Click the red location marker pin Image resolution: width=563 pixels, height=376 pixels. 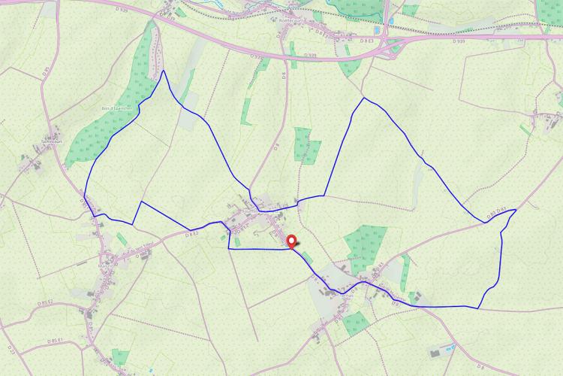pos(292,241)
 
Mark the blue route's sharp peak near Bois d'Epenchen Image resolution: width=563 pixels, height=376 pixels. pos(163,71)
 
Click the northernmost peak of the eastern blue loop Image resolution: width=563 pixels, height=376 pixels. pos(363,98)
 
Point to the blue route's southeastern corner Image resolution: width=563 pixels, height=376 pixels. pos(478,308)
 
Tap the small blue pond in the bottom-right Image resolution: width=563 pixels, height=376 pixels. pos(450,347)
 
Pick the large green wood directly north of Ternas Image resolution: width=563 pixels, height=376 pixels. pos(366,245)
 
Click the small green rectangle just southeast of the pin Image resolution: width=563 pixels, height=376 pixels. pos(308,259)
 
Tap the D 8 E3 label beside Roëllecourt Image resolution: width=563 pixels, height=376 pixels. pos(324,34)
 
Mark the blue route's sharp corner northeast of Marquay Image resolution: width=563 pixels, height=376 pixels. pos(141,202)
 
